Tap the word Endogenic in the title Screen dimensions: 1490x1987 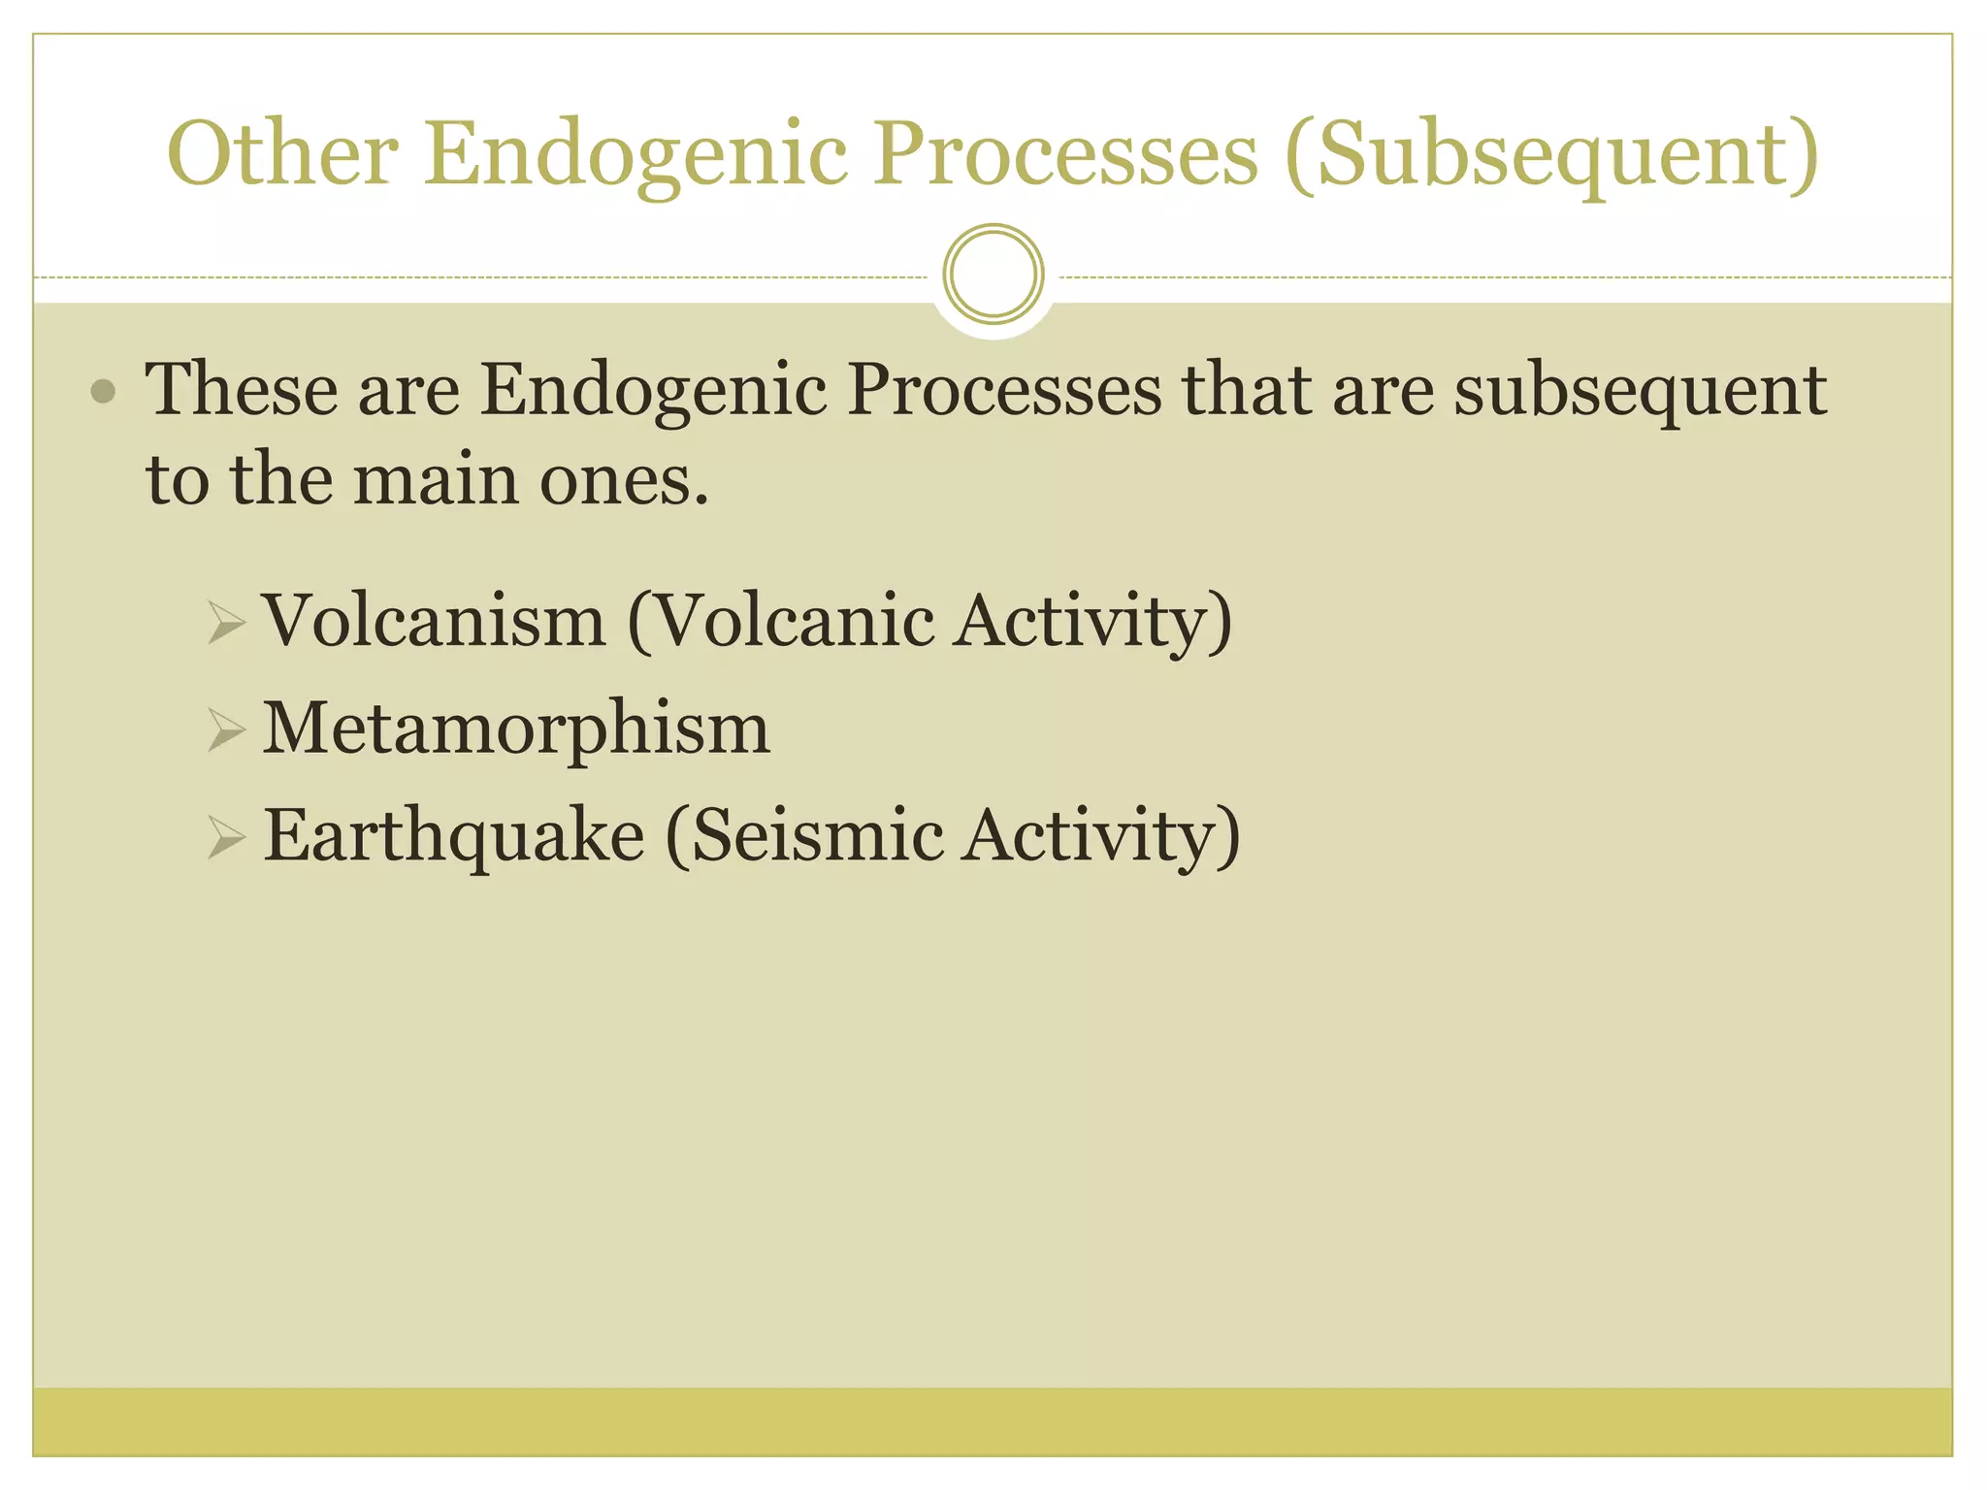pyautogui.click(x=635, y=155)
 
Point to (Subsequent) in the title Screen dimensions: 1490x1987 pyautogui.click(x=1551, y=155)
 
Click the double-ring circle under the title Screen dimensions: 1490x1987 pyautogui.click(x=993, y=274)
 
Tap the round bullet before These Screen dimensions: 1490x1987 pyautogui.click(x=103, y=392)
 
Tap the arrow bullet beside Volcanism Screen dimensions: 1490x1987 pyautogui.click(x=225, y=622)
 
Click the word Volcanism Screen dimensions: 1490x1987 pyautogui.click(x=435, y=621)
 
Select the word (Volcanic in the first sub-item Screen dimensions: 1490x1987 pyautogui.click(x=780, y=621)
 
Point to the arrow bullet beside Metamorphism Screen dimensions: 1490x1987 pyautogui.click(x=225, y=729)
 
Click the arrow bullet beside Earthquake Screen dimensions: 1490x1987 pyautogui.click(x=225, y=836)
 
